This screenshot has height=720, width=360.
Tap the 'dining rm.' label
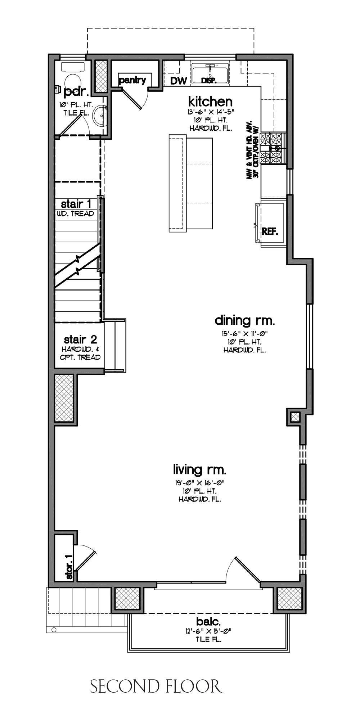245,320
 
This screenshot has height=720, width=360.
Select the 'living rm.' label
200,469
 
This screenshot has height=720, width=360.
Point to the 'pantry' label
132,80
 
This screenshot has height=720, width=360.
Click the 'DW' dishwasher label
179,81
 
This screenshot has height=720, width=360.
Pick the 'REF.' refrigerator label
270,231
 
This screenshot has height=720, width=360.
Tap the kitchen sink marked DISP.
210,74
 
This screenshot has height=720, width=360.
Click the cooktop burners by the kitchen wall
273,148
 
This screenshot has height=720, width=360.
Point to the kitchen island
190,183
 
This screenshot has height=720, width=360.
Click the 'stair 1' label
76,204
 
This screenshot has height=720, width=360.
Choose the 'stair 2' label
80,339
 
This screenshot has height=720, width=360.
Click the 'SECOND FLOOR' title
156,686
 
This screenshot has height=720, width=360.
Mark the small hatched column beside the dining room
295,417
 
